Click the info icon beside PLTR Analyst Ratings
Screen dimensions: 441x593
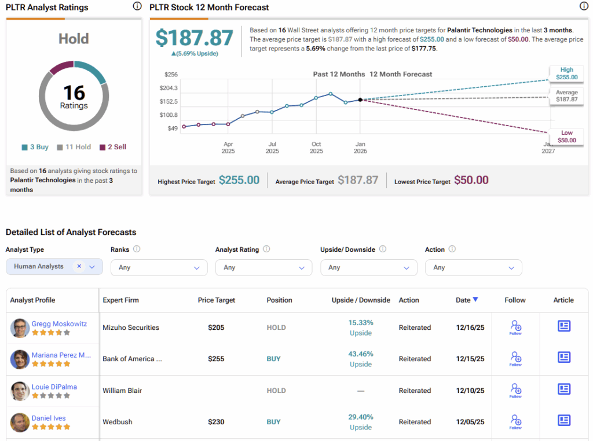click(137, 7)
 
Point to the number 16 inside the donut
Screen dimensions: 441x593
click(74, 93)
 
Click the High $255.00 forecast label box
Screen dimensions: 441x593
click(566, 73)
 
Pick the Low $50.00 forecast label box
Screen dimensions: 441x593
click(566, 137)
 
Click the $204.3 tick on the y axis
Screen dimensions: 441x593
click(169, 88)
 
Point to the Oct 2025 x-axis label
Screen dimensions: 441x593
click(316, 148)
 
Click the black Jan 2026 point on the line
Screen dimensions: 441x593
click(360, 100)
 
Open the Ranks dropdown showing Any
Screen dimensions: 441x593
click(159, 267)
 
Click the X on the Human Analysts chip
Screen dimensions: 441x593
click(79, 266)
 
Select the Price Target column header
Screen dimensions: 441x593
click(216, 300)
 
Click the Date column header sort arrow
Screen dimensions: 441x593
click(475, 300)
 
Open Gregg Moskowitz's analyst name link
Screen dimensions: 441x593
click(59, 324)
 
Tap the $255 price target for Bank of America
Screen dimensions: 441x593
click(216, 359)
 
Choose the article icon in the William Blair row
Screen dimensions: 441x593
click(563, 389)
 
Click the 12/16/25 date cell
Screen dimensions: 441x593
click(470, 328)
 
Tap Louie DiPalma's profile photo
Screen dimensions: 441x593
click(20, 391)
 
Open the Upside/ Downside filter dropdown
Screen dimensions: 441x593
click(368, 267)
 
